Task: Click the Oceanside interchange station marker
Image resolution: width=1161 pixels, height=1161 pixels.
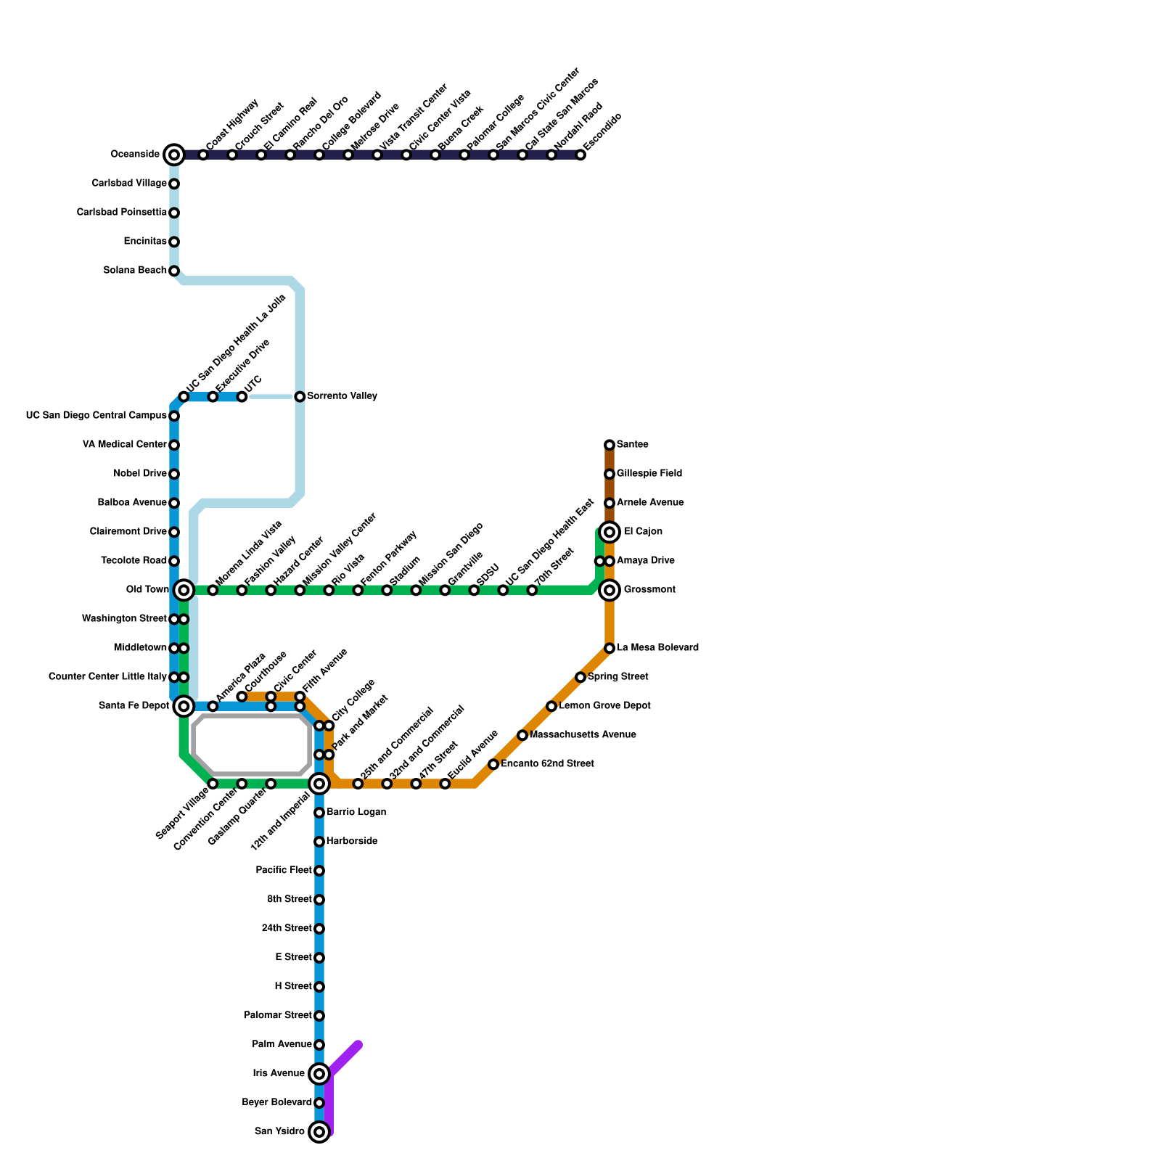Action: (174, 155)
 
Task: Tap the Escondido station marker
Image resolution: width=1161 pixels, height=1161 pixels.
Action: (580, 155)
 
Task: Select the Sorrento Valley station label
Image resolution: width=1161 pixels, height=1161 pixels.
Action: (342, 396)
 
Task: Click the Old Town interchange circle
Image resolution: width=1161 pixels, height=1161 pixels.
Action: (184, 590)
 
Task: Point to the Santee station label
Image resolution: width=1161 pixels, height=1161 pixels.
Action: (633, 445)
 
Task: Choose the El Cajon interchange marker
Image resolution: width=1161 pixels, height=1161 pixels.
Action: (610, 532)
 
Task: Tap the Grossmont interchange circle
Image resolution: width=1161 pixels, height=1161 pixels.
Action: (610, 590)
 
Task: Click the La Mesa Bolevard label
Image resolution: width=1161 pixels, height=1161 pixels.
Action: (657, 648)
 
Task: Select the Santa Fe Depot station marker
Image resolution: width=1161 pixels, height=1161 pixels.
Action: (184, 706)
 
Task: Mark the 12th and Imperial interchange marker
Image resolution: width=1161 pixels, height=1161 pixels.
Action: (319, 784)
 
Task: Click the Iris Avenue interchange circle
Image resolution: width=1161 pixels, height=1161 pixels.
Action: (319, 1074)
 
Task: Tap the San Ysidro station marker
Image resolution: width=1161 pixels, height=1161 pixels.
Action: (319, 1132)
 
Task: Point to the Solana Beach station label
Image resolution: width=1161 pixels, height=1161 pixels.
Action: (135, 271)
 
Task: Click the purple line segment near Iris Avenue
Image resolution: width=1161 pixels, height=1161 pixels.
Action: (344, 1059)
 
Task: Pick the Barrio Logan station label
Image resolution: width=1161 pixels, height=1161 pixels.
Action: (356, 813)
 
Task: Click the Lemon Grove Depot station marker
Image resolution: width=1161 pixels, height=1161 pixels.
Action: (551, 706)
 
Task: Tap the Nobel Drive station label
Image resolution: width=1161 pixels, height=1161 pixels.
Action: (140, 474)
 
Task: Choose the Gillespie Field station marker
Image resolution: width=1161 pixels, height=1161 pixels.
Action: (610, 474)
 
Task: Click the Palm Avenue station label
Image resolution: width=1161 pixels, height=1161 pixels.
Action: (282, 1045)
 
